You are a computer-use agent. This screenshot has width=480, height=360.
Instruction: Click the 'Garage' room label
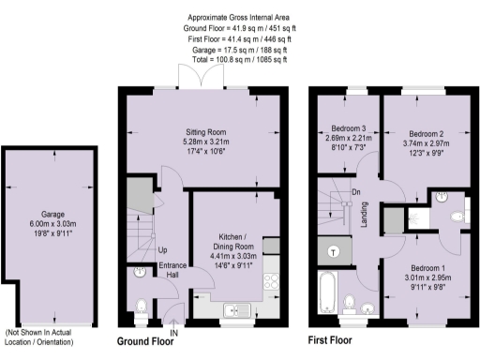[46, 214]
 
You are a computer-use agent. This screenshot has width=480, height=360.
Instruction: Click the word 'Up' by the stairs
[162, 250]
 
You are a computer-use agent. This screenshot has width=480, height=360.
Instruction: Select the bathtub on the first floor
[328, 292]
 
